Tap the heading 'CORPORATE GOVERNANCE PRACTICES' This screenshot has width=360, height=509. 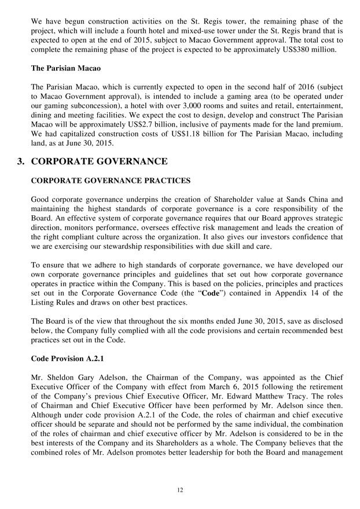coord(111,181)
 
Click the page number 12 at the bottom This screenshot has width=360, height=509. coord(180,490)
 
